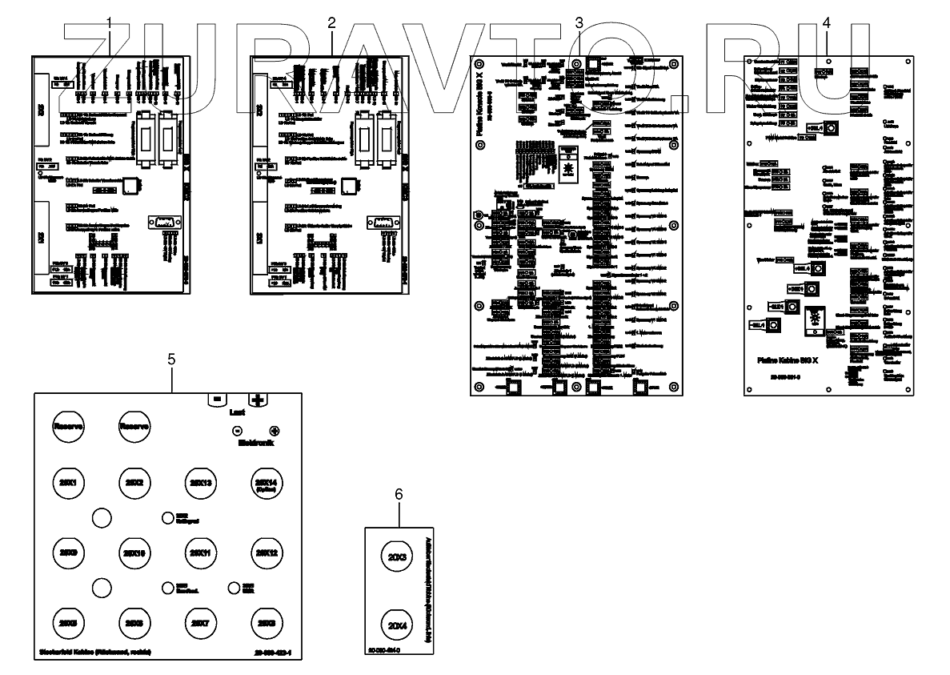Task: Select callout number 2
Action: [332, 22]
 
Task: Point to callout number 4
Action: [826, 22]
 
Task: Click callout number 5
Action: [172, 359]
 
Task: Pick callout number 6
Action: [399, 494]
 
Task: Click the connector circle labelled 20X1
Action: [69, 483]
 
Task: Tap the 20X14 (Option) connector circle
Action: [266, 484]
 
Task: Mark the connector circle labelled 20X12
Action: [266, 552]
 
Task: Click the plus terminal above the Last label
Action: [258, 399]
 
